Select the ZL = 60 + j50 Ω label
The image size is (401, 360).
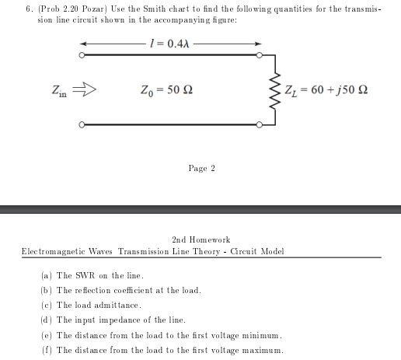click(327, 89)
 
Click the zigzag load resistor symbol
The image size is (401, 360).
click(274, 89)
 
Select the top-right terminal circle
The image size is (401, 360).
click(262, 55)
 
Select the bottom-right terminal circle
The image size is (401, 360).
click(262, 124)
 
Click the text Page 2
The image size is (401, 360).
click(201, 168)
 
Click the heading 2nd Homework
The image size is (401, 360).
click(200, 240)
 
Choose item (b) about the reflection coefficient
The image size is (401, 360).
click(120, 291)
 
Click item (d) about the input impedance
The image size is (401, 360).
click(113, 320)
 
